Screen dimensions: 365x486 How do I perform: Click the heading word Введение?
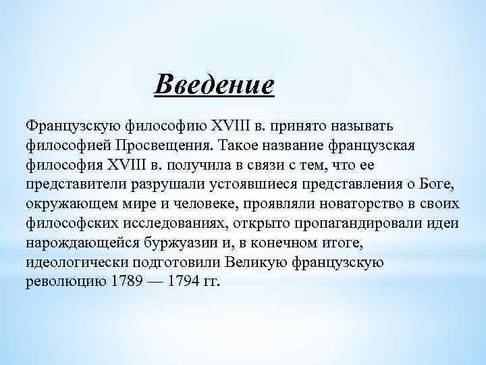pyautogui.click(x=214, y=86)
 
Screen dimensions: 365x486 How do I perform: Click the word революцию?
pyautogui.click(x=64, y=281)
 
